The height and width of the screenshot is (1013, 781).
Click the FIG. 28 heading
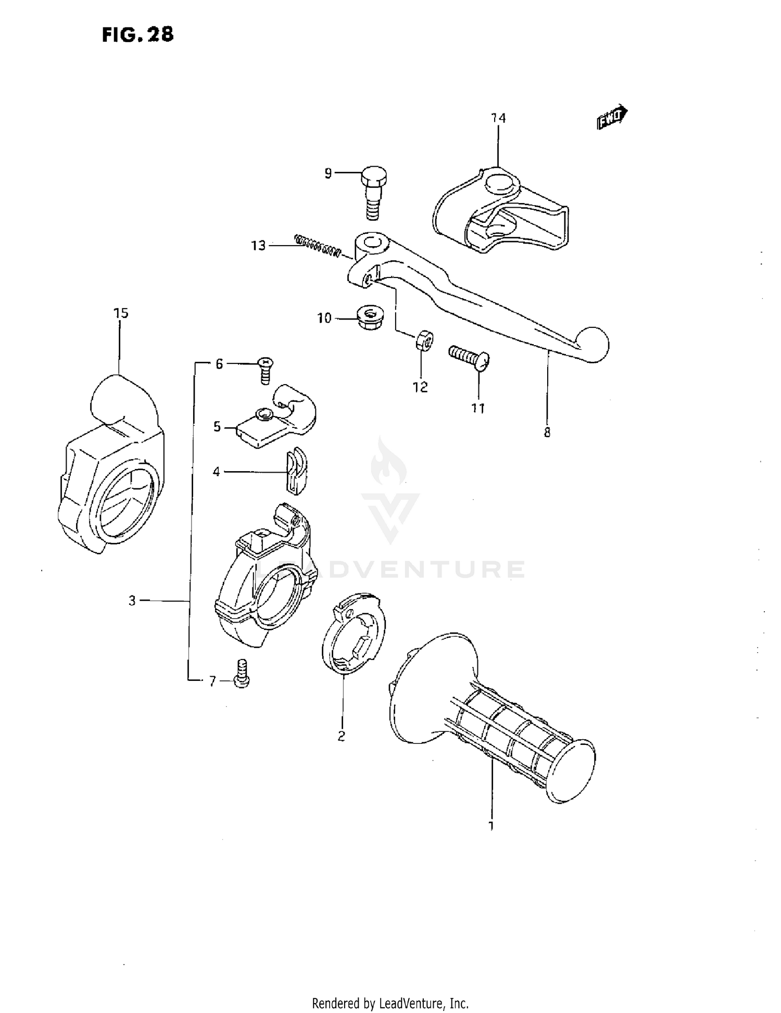137,34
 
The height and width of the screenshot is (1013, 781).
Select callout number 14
498,118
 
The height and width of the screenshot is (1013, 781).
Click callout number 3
132,601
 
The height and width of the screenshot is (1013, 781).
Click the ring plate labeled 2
354,634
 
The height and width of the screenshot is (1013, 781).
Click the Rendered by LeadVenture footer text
390,1003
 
